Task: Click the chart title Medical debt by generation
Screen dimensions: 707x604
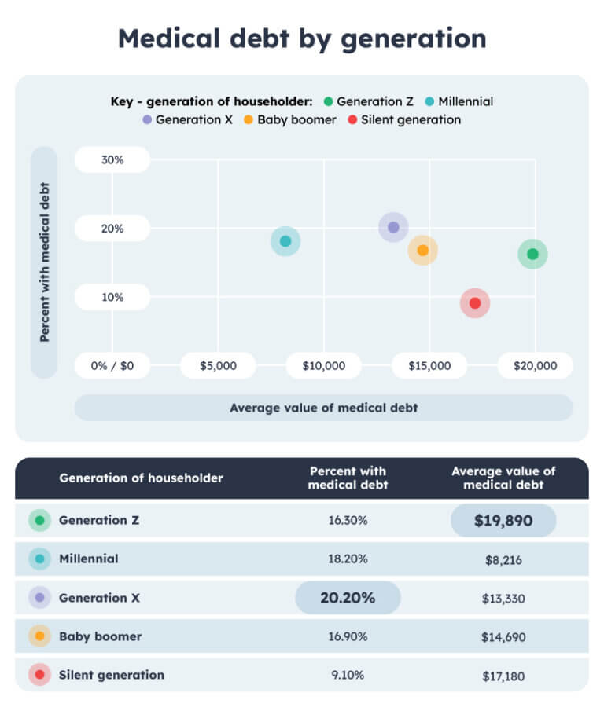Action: coord(302,38)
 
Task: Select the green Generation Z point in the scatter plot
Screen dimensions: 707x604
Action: coord(532,254)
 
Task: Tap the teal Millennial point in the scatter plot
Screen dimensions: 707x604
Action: coord(285,241)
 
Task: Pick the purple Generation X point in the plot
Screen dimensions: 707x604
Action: coord(393,227)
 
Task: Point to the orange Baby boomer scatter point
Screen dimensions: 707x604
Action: coord(422,251)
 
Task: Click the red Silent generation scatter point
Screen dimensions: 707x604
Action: coord(475,303)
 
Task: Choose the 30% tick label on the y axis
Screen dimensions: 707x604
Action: coord(112,159)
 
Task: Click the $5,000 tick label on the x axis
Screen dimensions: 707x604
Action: coord(218,365)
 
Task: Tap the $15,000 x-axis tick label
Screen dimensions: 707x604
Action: coord(429,365)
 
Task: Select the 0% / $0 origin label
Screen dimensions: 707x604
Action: coord(112,365)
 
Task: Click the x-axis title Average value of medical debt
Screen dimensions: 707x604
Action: coord(323,408)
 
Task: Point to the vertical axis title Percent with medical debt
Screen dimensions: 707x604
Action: coord(45,262)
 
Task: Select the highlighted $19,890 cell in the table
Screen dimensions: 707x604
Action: coord(503,520)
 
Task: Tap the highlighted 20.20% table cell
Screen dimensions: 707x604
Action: coord(348,598)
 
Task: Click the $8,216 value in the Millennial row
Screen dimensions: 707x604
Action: coord(503,559)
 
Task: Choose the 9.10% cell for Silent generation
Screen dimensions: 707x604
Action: coord(348,676)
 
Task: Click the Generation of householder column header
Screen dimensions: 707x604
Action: coord(141,478)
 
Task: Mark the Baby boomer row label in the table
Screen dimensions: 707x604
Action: coord(100,636)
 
